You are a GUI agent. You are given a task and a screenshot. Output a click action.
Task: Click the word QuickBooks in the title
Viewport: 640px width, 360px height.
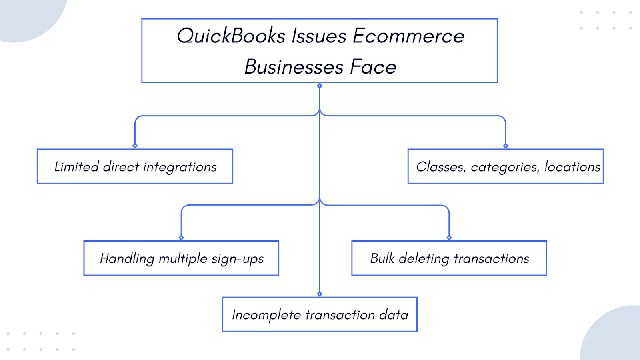tap(231, 36)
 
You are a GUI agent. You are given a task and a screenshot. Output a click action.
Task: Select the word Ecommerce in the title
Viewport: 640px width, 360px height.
tap(408, 36)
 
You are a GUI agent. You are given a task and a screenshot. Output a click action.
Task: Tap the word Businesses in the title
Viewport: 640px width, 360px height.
tap(294, 67)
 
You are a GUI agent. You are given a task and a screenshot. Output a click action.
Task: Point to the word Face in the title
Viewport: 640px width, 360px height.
tap(373, 67)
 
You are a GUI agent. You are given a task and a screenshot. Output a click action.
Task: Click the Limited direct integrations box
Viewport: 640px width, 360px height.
tap(135, 167)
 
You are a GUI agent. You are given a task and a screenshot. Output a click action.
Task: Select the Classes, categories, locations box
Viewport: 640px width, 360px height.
tap(506, 167)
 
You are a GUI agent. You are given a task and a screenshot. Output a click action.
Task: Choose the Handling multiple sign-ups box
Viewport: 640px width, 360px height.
tap(181, 258)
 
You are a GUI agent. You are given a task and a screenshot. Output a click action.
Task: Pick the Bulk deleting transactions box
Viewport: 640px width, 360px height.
tap(449, 258)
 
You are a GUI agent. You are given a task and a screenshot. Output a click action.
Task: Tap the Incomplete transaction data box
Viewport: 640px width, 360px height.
tap(320, 315)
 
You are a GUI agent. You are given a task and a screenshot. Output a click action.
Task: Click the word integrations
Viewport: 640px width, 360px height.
tap(180, 167)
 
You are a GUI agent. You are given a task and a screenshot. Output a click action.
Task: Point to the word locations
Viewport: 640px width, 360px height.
tap(572, 167)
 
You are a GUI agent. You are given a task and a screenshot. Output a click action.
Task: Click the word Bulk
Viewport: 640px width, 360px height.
tap(382, 258)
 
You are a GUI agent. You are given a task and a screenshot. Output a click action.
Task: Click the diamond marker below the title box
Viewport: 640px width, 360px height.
tap(320, 86)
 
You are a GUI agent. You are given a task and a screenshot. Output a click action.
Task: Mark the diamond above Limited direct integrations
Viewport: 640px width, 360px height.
tap(135, 146)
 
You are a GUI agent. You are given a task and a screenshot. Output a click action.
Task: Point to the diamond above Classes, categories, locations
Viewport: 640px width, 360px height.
tap(506, 146)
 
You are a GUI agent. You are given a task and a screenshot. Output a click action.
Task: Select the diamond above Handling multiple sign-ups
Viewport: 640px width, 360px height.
tap(181, 238)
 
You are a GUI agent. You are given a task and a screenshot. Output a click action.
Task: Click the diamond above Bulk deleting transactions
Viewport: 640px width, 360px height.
tap(449, 238)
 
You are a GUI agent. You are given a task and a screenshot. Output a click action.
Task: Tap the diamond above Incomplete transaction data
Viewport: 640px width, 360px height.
tap(320, 294)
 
